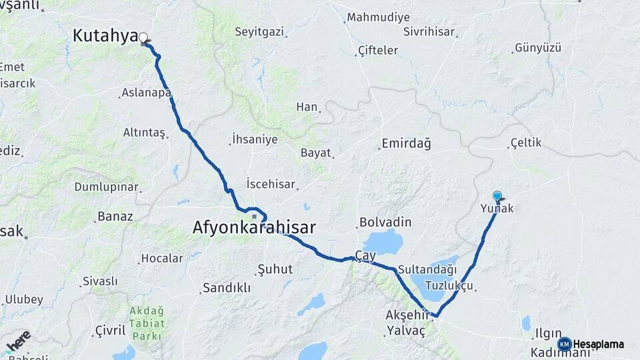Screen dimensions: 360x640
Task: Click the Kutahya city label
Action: pyautogui.click(x=105, y=36)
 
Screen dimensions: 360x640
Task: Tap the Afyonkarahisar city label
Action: pyautogui.click(x=254, y=227)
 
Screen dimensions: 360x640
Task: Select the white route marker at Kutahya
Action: pyautogui.click(x=143, y=38)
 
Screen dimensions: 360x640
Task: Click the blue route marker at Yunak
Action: pyautogui.click(x=497, y=196)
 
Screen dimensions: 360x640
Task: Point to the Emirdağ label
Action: pyautogui.click(x=406, y=143)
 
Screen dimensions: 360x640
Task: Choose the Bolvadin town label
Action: pyautogui.click(x=385, y=222)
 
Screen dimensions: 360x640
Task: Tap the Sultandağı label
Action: pyautogui.click(x=427, y=270)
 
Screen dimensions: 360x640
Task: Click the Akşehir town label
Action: pyautogui.click(x=405, y=314)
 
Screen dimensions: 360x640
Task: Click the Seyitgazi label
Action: pyautogui.click(x=259, y=31)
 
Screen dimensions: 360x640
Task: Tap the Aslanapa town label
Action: pyautogui.click(x=146, y=93)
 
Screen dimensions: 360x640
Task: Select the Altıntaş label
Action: pyautogui.click(x=144, y=133)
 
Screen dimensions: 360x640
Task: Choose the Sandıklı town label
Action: pyautogui.click(x=226, y=288)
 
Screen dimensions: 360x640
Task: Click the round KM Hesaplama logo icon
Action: pyautogui.click(x=564, y=344)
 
